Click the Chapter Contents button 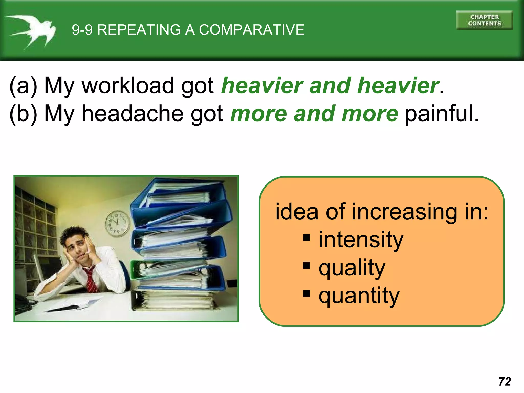point(484,20)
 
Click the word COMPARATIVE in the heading point(252,30)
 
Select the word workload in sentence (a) point(128,86)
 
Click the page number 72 point(505,381)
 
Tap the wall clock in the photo point(117,223)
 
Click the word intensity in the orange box point(361,240)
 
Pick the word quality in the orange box point(352,268)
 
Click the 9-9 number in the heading point(82,30)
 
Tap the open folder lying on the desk point(72,306)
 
